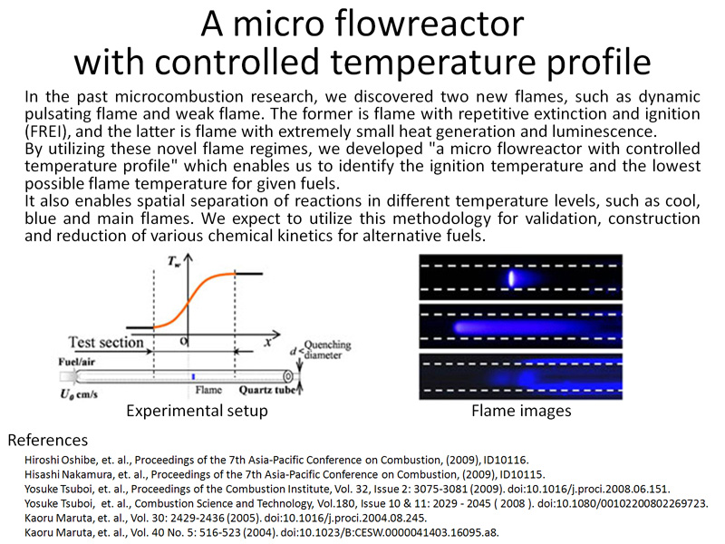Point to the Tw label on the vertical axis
click(x=174, y=262)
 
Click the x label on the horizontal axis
click(x=267, y=342)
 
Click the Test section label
click(x=106, y=343)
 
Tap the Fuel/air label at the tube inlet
click(x=77, y=362)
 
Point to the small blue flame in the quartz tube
click(x=193, y=376)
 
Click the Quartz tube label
click(x=267, y=390)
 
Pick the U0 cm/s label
click(x=79, y=394)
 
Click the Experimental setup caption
click(x=197, y=411)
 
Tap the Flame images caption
click(x=521, y=411)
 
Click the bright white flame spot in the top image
click(x=511, y=278)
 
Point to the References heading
click(x=48, y=440)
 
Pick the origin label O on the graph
click(x=184, y=341)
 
